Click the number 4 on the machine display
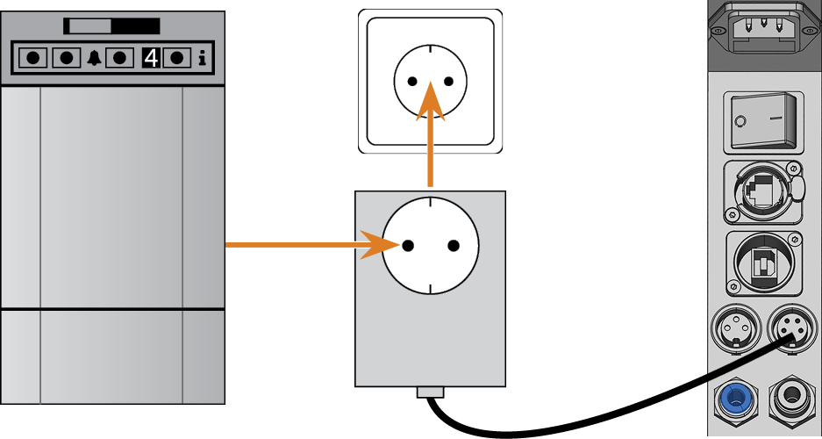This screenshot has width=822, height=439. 151,58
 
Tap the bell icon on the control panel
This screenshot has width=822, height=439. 95,58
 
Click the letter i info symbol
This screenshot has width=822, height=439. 203,58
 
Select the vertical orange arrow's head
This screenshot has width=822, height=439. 431,101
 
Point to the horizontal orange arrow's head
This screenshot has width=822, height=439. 381,245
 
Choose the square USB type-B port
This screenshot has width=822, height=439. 764,264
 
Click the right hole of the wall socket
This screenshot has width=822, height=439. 448,82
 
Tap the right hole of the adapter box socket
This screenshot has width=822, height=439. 454,246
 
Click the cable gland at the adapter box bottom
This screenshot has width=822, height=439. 431,392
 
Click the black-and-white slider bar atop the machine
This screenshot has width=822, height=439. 111,26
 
